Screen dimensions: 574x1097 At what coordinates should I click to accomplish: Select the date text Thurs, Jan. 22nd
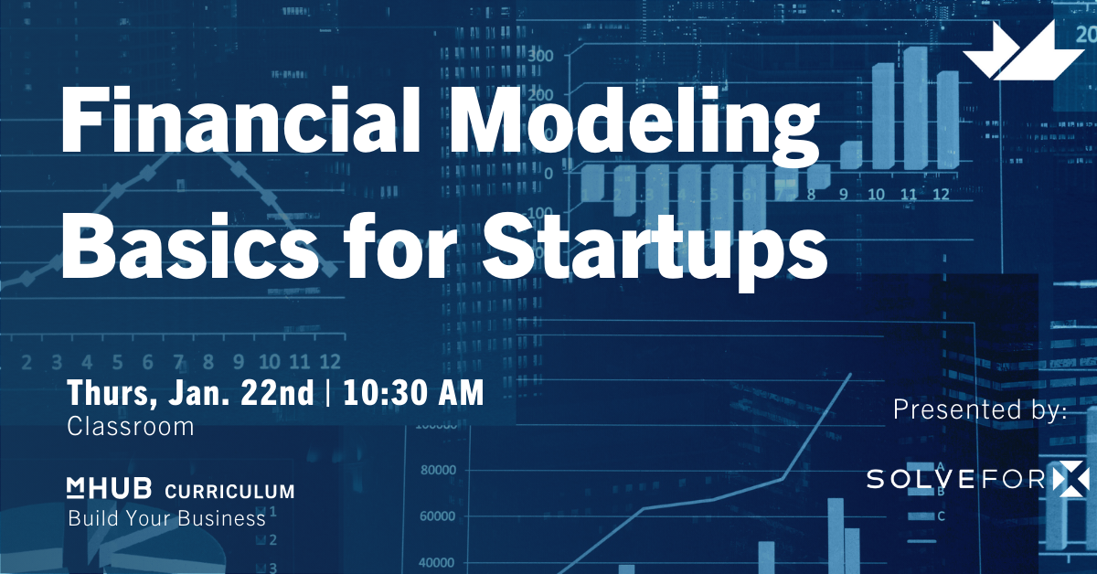(189, 393)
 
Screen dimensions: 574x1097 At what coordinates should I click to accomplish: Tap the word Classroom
(131, 427)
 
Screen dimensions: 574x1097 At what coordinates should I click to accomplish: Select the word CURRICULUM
(229, 492)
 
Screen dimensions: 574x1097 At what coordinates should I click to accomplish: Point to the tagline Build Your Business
(166, 519)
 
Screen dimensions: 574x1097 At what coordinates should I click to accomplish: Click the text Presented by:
(980, 410)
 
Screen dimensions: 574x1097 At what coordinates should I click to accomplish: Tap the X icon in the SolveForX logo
(1070, 477)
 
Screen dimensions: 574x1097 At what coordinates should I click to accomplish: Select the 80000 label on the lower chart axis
(437, 472)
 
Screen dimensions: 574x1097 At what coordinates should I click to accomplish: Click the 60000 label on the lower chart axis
(437, 516)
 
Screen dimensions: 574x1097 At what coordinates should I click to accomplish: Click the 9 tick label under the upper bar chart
(843, 195)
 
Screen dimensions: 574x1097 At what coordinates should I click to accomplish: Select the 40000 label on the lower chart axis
(437, 562)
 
